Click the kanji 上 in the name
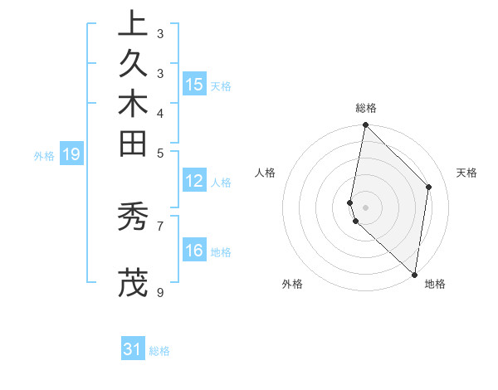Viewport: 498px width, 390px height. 133,24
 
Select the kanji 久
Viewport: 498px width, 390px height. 133,63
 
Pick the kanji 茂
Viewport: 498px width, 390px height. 133,282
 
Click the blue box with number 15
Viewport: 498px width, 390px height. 194,85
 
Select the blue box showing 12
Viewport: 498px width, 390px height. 194,182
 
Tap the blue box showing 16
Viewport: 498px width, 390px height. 194,251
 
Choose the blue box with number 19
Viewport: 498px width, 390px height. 71,154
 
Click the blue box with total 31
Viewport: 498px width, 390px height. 133,350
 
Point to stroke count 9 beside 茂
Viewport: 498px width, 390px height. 159,292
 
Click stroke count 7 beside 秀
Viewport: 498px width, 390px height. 159,225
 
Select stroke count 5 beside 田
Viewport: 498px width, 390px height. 159,153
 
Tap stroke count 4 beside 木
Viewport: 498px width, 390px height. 159,113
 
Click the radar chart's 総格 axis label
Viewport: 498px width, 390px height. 366,108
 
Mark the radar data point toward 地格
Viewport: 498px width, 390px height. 414,275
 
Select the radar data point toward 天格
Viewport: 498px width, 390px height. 429,187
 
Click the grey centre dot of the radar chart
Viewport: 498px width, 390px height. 366,207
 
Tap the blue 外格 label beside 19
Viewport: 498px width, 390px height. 44,155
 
